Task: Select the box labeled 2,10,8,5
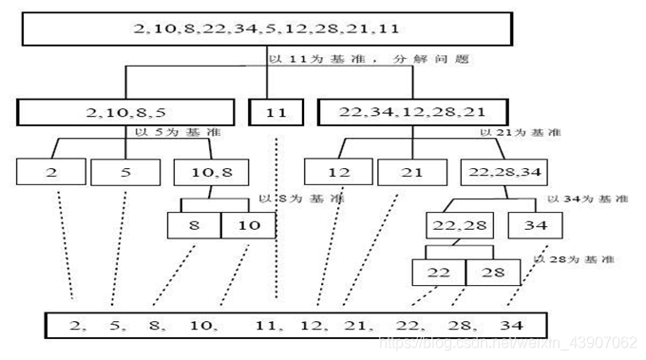pyautogui.click(x=125, y=112)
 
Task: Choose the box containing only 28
pyautogui.click(x=492, y=273)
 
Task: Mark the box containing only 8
pyautogui.click(x=194, y=225)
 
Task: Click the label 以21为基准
pyautogui.click(x=515, y=134)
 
